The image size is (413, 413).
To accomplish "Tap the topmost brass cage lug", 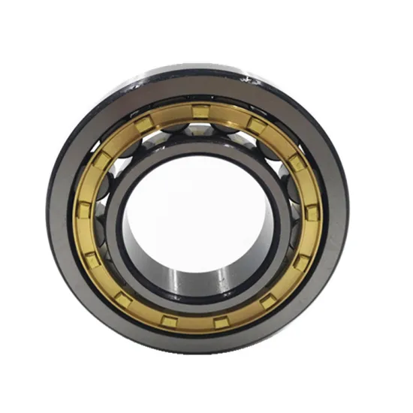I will coord(200,112).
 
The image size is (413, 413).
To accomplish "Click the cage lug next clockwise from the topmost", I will coord(256,124).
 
